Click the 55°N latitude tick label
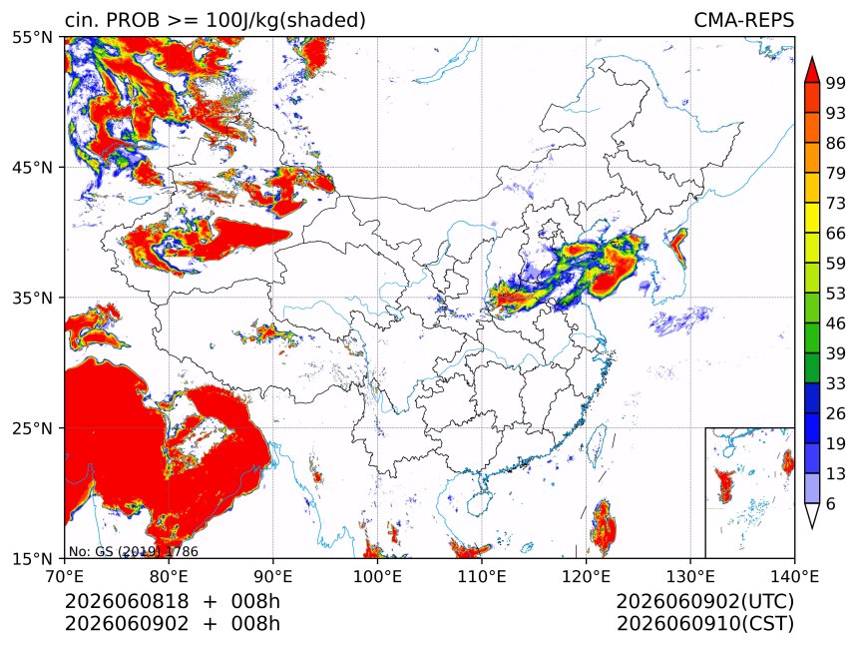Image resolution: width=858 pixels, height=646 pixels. pyautogui.click(x=32, y=38)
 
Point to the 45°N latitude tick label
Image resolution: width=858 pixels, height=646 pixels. pyautogui.click(x=32, y=168)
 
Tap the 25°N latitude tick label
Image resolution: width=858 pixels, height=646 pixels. pyautogui.click(x=32, y=428)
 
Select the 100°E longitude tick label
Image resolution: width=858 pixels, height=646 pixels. pyautogui.click(x=377, y=576)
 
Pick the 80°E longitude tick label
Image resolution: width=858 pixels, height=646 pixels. pyautogui.click(x=169, y=576)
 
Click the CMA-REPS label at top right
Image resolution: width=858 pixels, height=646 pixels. pyautogui.click(x=743, y=20)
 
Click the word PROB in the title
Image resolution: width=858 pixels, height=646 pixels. pyautogui.click(x=133, y=20)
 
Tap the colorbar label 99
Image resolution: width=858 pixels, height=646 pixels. pyautogui.click(x=836, y=83)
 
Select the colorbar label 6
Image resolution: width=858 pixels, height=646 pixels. pyautogui.click(x=831, y=503)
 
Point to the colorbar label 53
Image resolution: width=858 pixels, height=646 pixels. pyautogui.click(x=836, y=294)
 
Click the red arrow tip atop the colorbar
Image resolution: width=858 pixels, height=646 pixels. pyautogui.click(x=812, y=58)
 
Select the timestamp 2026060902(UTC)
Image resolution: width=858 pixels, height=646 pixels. pyautogui.click(x=704, y=601)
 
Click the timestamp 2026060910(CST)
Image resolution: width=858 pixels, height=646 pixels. pyautogui.click(x=704, y=624)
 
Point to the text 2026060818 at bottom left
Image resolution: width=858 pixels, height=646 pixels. pyautogui.click(x=127, y=601)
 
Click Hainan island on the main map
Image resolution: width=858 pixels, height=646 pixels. pyautogui.click(x=480, y=503)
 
